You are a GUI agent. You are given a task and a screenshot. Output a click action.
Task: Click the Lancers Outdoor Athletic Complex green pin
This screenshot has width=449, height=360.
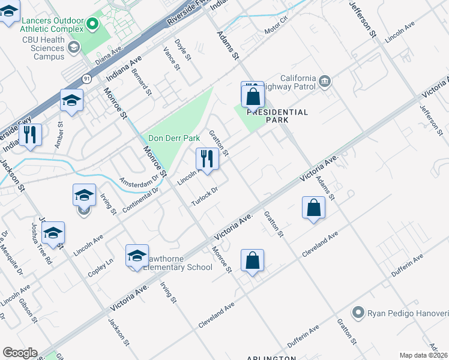pos(92,24)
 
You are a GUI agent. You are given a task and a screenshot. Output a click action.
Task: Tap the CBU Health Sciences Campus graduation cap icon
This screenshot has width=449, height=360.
pos(74,47)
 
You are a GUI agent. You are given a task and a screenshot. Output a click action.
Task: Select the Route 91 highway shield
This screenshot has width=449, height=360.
pos(87,79)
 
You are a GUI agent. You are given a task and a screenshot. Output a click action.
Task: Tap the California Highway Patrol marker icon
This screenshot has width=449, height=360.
pos(325,80)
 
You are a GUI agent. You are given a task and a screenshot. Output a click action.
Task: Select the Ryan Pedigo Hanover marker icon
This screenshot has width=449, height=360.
pos(358,312)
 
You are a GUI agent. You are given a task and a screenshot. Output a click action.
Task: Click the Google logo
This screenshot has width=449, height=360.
pos(20,353)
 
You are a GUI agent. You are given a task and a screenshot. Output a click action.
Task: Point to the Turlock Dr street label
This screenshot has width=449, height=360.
pos(203,196)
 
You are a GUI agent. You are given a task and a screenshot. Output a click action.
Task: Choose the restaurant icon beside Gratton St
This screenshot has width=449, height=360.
pos(206,159)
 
